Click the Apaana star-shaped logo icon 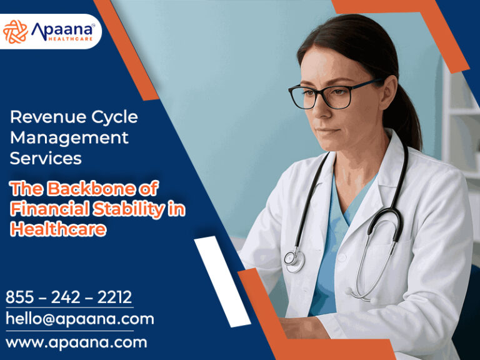[16, 31]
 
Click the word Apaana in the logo [63, 28]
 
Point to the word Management [69, 137]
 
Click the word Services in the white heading [46, 158]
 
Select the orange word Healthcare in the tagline [58, 229]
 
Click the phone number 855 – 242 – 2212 [69, 297]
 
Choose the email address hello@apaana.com [80, 319]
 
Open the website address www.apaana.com [76, 342]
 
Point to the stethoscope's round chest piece [291, 257]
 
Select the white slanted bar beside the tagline [222, 281]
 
